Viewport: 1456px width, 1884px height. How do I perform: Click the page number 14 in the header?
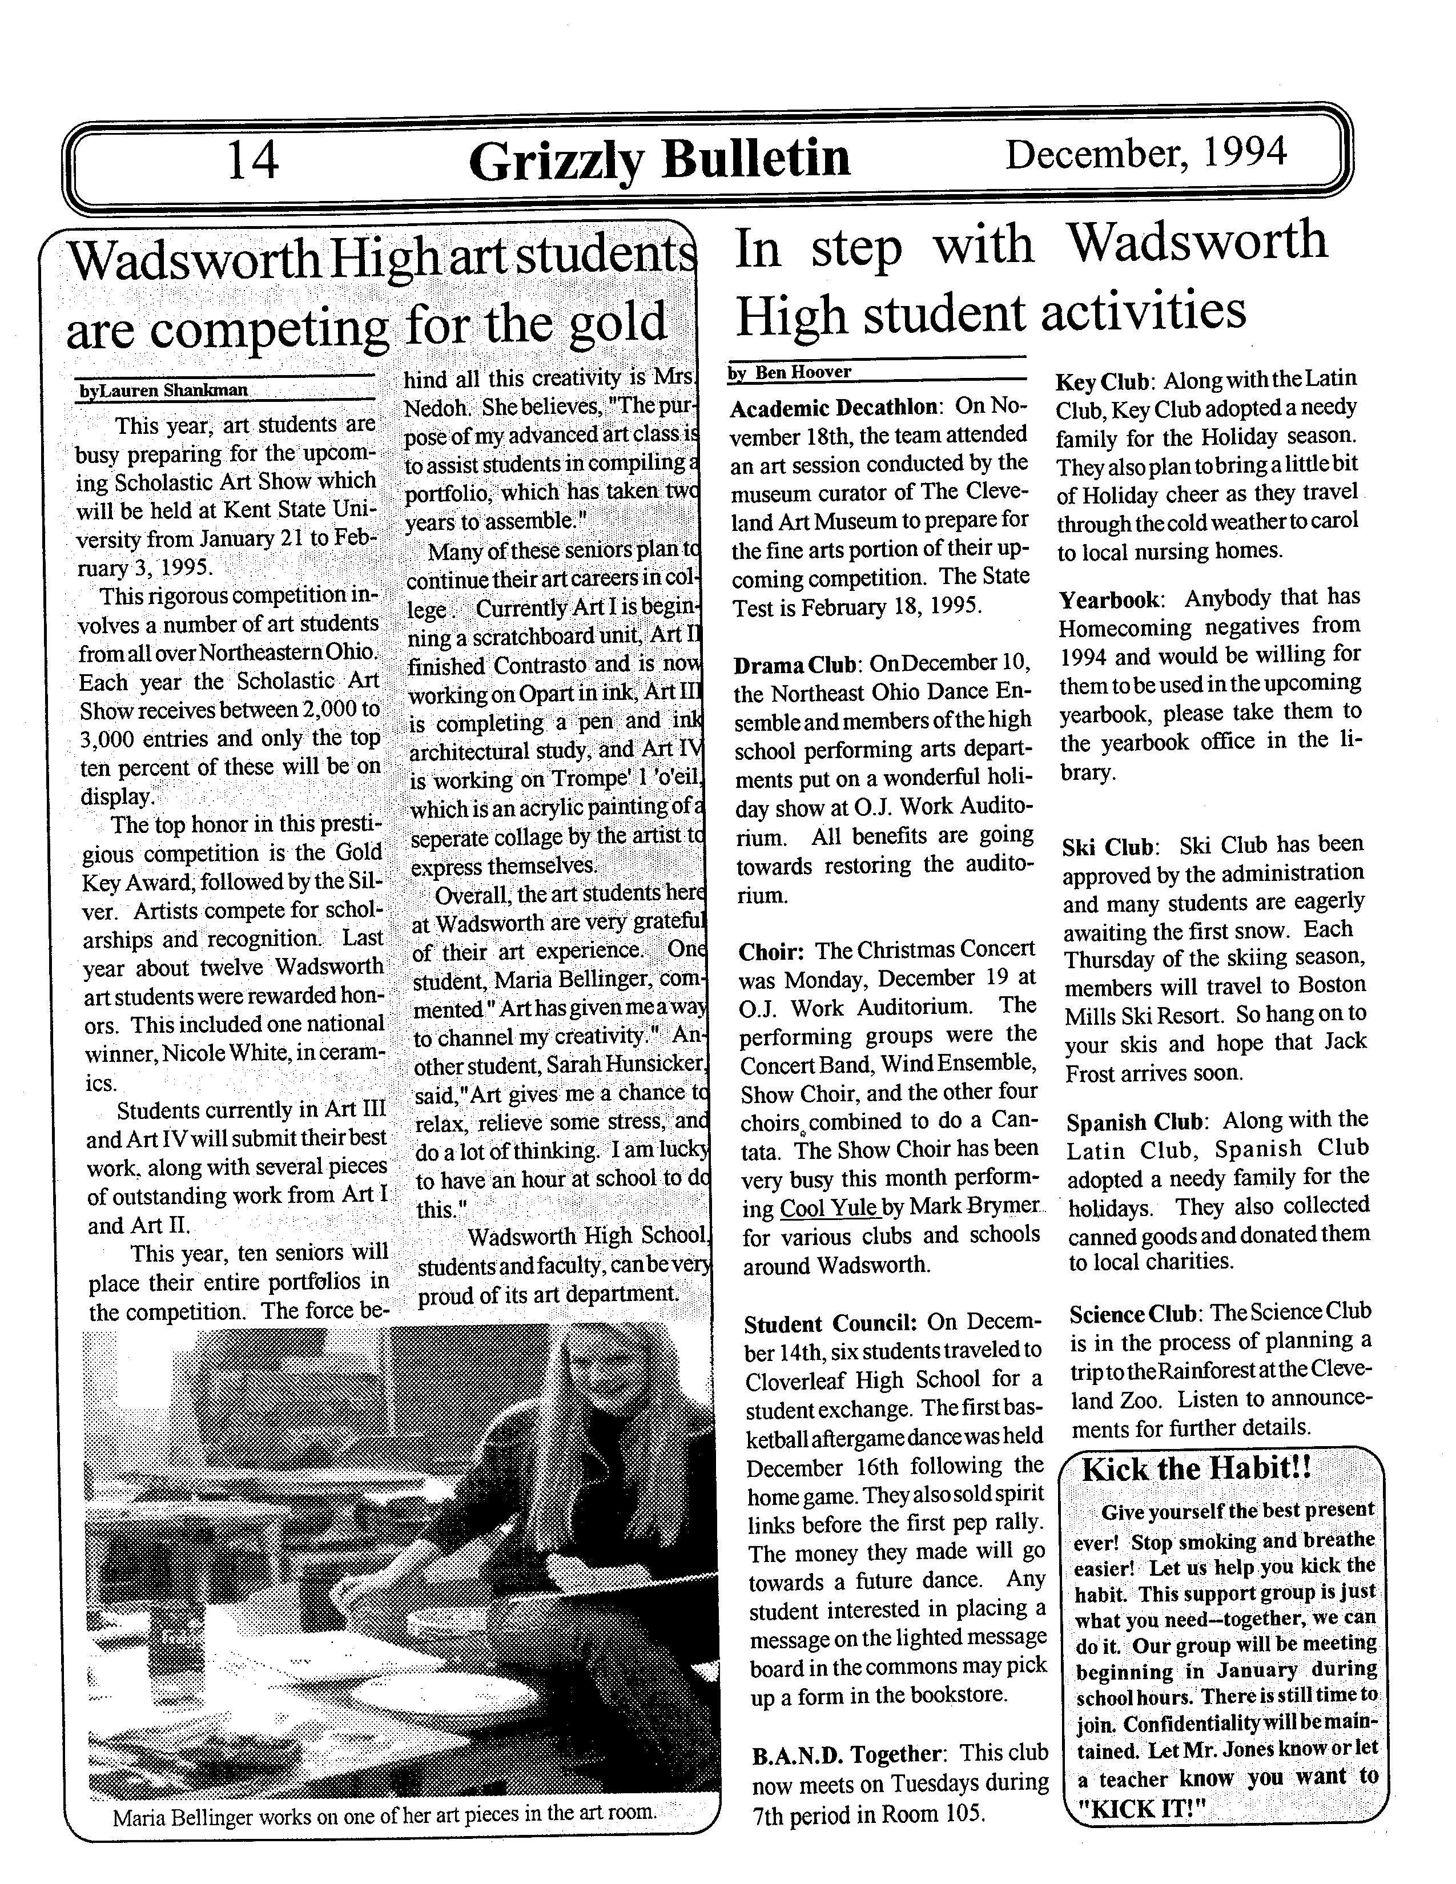[253, 160]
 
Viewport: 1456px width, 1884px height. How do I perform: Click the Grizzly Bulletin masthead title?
[659, 160]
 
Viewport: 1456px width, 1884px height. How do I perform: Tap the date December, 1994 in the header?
[1147, 154]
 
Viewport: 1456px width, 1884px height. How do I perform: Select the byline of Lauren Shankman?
[164, 390]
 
